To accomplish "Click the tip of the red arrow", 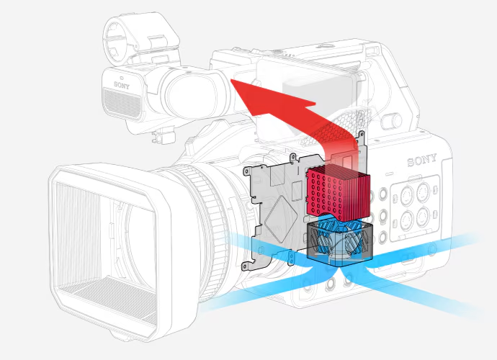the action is coord(231,80).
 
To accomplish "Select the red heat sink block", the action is coord(337,194).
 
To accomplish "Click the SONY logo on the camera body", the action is coord(422,160).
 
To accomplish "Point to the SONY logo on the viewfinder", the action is coord(122,85).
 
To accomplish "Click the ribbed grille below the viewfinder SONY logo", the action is coord(122,103).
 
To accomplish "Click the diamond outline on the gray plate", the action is coord(282,219).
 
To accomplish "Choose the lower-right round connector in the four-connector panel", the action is coord(422,217).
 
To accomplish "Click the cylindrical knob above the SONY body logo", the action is coord(392,121).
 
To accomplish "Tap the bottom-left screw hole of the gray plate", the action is coord(245,266).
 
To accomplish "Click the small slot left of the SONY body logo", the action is coord(390,174).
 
